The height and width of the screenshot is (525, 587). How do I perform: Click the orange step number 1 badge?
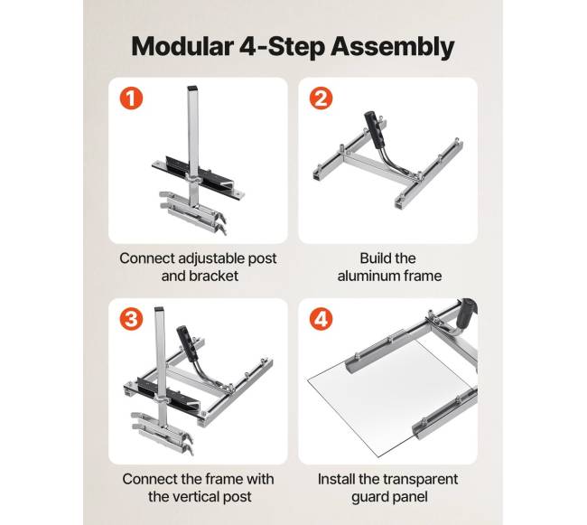(x=131, y=98)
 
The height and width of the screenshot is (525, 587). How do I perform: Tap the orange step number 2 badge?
(x=321, y=98)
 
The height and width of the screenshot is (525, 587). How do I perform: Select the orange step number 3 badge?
(x=131, y=319)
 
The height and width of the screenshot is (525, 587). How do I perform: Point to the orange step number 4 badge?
(x=321, y=319)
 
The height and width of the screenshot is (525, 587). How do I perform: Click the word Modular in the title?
(x=182, y=46)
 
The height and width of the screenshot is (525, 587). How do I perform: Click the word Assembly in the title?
(x=392, y=47)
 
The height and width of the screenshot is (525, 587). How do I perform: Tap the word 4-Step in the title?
(x=282, y=47)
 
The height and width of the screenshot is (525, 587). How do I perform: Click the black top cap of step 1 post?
(x=192, y=89)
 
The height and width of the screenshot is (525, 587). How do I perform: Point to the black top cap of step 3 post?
(x=160, y=309)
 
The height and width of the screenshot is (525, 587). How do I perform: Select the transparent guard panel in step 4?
(x=389, y=397)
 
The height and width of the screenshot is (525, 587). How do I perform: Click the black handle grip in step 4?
(x=467, y=311)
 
